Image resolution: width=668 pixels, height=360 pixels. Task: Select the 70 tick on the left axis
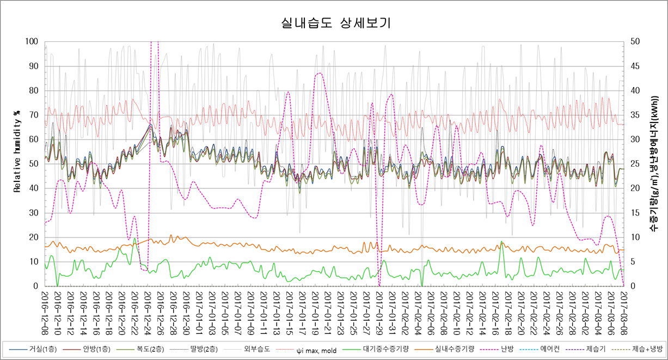point(33,115)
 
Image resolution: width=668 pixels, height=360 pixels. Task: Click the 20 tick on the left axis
point(33,237)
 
